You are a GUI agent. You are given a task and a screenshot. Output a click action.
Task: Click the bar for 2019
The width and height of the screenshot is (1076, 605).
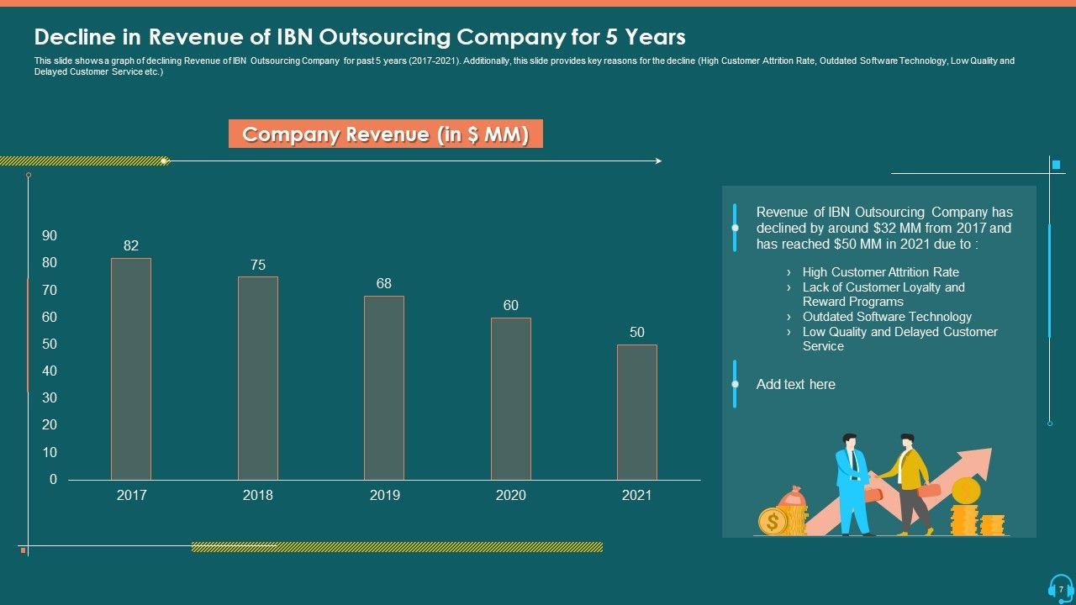[384, 387]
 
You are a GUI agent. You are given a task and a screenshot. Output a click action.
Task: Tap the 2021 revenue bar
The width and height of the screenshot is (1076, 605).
[637, 412]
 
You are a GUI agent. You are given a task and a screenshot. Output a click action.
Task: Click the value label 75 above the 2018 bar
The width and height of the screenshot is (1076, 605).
[258, 265]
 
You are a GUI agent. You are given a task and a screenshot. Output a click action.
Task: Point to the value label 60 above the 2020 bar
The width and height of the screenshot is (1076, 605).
[511, 306]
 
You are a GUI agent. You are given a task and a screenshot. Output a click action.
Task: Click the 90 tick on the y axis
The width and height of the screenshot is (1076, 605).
[50, 236]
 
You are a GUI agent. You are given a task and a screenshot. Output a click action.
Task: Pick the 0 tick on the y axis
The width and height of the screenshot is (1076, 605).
[54, 480]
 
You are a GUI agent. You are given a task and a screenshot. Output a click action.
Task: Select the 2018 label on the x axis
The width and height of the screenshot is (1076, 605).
[258, 496]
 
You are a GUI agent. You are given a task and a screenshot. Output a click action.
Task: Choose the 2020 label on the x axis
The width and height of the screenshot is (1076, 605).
[511, 496]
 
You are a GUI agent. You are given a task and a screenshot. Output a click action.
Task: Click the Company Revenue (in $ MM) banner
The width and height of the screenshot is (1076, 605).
[386, 134]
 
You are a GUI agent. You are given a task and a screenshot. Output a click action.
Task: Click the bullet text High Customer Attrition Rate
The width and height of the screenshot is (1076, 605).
[880, 272]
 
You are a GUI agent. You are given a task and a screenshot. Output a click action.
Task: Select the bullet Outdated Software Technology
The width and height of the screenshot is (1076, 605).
[887, 317]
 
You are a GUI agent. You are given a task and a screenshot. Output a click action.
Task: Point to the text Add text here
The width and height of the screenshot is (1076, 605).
[795, 385]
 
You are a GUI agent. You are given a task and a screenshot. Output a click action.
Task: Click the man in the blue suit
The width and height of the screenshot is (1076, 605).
[852, 483]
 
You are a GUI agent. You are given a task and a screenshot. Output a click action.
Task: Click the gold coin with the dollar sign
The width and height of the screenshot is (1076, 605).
[773, 522]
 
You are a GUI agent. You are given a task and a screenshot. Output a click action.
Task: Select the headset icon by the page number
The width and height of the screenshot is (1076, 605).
[1060, 587]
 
